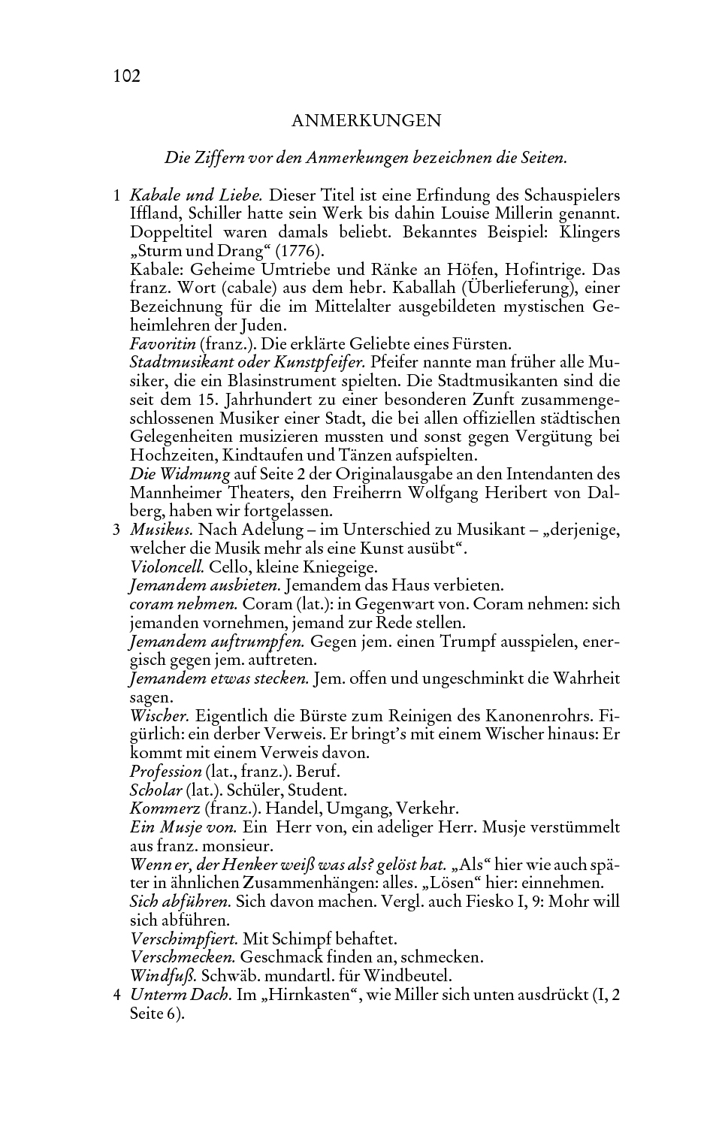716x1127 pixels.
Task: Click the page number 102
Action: pyautogui.click(x=127, y=76)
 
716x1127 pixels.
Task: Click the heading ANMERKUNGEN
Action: pyautogui.click(x=366, y=120)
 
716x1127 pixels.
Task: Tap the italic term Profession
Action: pyautogui.click(x=165, y=772)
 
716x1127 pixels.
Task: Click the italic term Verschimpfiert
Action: pyautogui.click(x=184, y=938)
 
